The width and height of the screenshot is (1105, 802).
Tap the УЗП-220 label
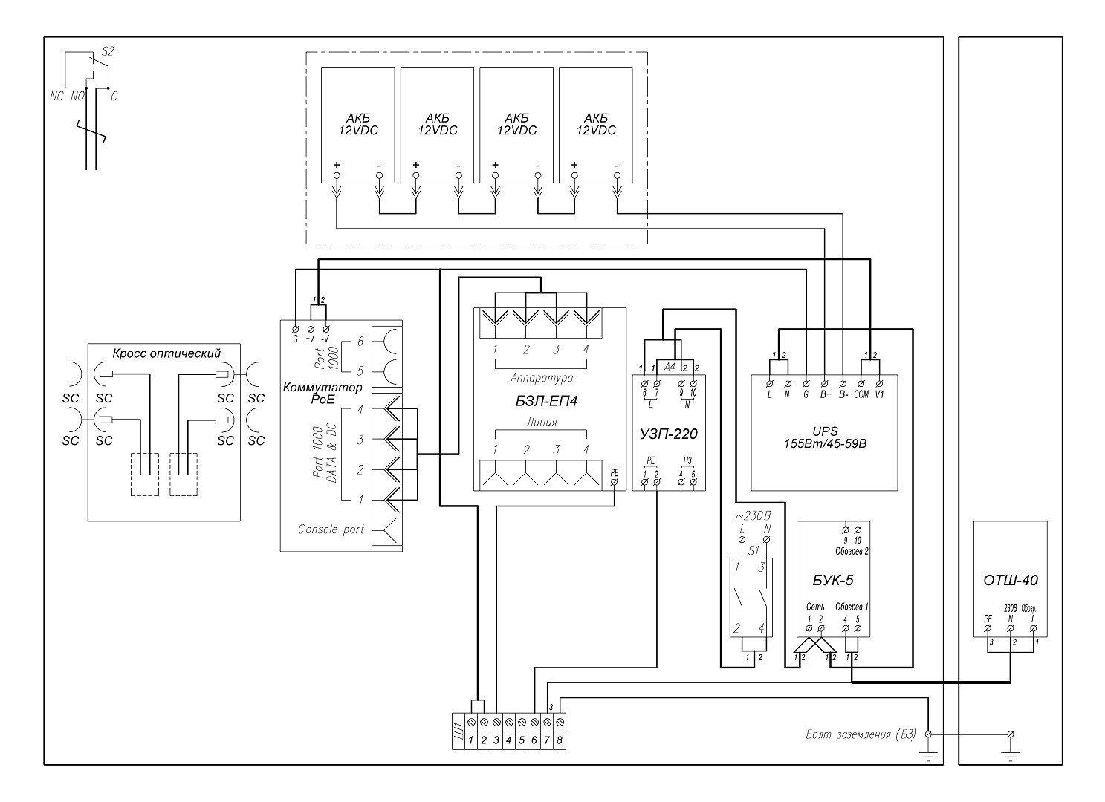coord(667,434)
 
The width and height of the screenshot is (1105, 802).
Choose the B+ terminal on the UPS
coord(826,394)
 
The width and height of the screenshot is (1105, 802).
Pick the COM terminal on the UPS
coord(861,394)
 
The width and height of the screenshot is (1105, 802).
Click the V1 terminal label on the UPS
coord(879,394)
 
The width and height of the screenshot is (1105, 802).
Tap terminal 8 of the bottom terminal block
coord(560,740)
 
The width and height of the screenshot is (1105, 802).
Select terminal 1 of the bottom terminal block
coord(470,740)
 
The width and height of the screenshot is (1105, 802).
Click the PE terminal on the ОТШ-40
coord(988,618)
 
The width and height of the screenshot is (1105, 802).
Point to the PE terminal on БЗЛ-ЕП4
coord(614,472)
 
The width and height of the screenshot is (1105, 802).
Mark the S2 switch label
coord(107,51)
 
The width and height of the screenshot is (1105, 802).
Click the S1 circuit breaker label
coord(753,550)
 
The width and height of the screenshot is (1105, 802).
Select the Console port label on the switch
coord(331,529)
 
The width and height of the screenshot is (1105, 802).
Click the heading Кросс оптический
coord(166,352)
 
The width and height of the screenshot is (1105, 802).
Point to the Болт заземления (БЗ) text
coord(861,734)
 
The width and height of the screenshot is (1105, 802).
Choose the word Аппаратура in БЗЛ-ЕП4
coord(541,378)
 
